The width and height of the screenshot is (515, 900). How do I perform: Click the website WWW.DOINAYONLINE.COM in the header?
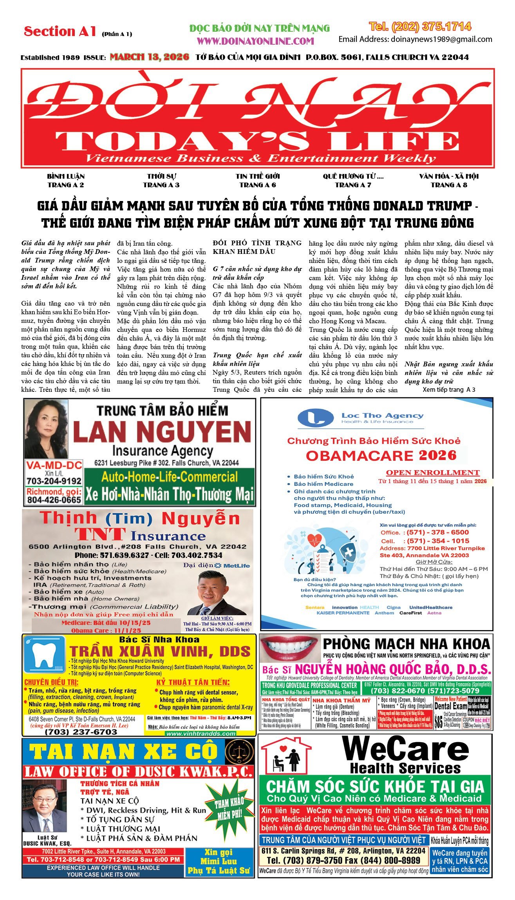(255, 41)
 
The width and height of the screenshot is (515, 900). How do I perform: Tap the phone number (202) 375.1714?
(420, 27)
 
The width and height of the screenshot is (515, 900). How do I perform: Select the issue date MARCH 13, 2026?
(149, 57)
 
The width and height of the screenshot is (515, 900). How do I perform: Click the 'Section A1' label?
(60, 31)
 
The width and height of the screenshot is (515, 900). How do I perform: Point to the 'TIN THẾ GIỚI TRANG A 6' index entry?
(258, 181)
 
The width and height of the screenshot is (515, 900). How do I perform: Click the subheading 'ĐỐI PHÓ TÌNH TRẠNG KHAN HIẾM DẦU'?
(257, 247)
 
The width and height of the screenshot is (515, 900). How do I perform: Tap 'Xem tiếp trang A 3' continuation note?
(449, 389)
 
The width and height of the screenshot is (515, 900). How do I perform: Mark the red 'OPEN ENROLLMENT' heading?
(433, 473)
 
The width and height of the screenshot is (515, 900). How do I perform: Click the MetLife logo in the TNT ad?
(233, 565)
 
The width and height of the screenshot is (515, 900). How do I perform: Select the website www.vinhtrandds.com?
(201, 733)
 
